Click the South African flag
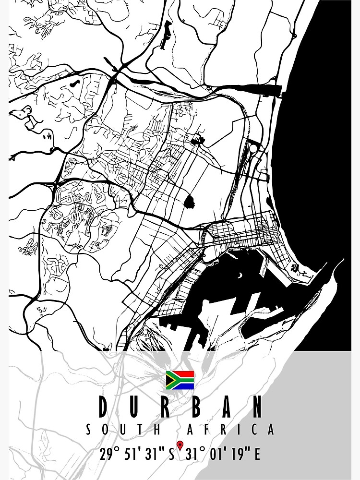click(x=180, y=380)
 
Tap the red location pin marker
click(x=180, y=446)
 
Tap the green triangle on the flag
click(x=169, y=380)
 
